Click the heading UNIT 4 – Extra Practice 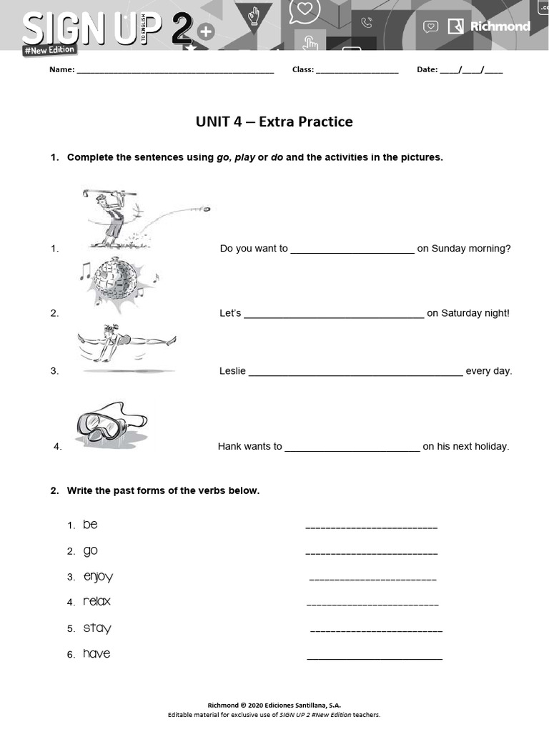click(274, 122)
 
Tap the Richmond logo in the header click(489, 26)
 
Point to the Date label click(427, 70)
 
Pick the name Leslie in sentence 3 click(232, 371)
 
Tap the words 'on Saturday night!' click(468, 313)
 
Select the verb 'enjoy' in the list click(98, 576)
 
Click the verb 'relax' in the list click(97, 602)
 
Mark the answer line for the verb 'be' click(371, 528)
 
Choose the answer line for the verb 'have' click(374, 658)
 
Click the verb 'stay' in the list click(97, 628)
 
